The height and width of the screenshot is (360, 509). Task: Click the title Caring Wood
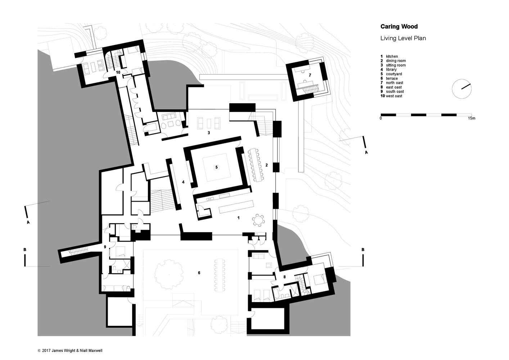(x=399, y=26)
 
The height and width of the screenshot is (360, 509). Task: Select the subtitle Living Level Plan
(x=403, y=38)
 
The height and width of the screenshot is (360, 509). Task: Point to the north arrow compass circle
(x=462, y=89)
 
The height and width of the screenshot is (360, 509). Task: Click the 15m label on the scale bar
(x=471, y=118)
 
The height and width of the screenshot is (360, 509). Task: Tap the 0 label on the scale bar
(x=381, y=118)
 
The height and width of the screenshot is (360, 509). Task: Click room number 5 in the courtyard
(x=216, y=167)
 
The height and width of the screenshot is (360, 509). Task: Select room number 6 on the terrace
(x=199, y=273)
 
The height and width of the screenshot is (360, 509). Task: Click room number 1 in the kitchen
(x=238, y=218)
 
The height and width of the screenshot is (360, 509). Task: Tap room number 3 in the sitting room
(x=208, y=133)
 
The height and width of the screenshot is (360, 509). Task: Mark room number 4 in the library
(x=183, y=182)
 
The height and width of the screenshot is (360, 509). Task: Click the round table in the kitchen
(x=258, y=219)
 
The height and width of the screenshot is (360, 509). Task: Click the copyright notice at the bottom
(x=70, y=350)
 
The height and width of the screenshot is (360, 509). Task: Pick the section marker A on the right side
(x=366, y=153)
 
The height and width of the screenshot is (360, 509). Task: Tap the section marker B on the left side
(x=24, y=249)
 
